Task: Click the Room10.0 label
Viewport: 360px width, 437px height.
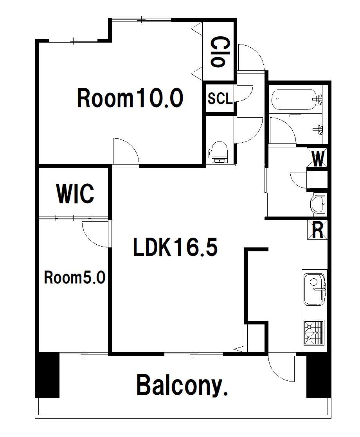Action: [130, 98]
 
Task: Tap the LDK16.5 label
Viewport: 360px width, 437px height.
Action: [175, 247]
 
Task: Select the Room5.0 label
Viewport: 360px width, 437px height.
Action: [74, 278]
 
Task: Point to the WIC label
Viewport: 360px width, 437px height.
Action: [75, 193]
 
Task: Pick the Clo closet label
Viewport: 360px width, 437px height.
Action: [218, 52]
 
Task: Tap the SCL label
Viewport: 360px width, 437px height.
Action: [220, 99]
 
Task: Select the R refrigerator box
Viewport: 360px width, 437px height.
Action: [317, 230]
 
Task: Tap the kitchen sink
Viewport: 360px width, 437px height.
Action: [314, 289]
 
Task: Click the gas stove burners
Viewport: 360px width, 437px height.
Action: [314, 333]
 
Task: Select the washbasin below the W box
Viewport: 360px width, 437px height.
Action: [318, 204]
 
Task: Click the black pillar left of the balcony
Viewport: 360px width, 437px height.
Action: [47, 375]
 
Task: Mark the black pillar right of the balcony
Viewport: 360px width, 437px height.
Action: [319, 375]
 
